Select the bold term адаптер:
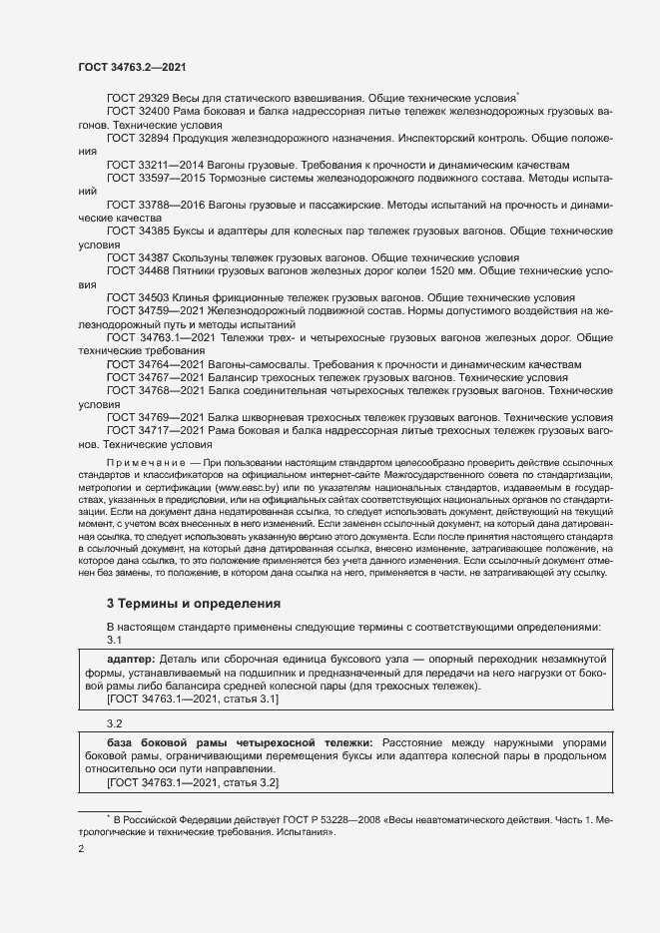pos(131,661)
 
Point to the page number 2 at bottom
pos(82,849)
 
